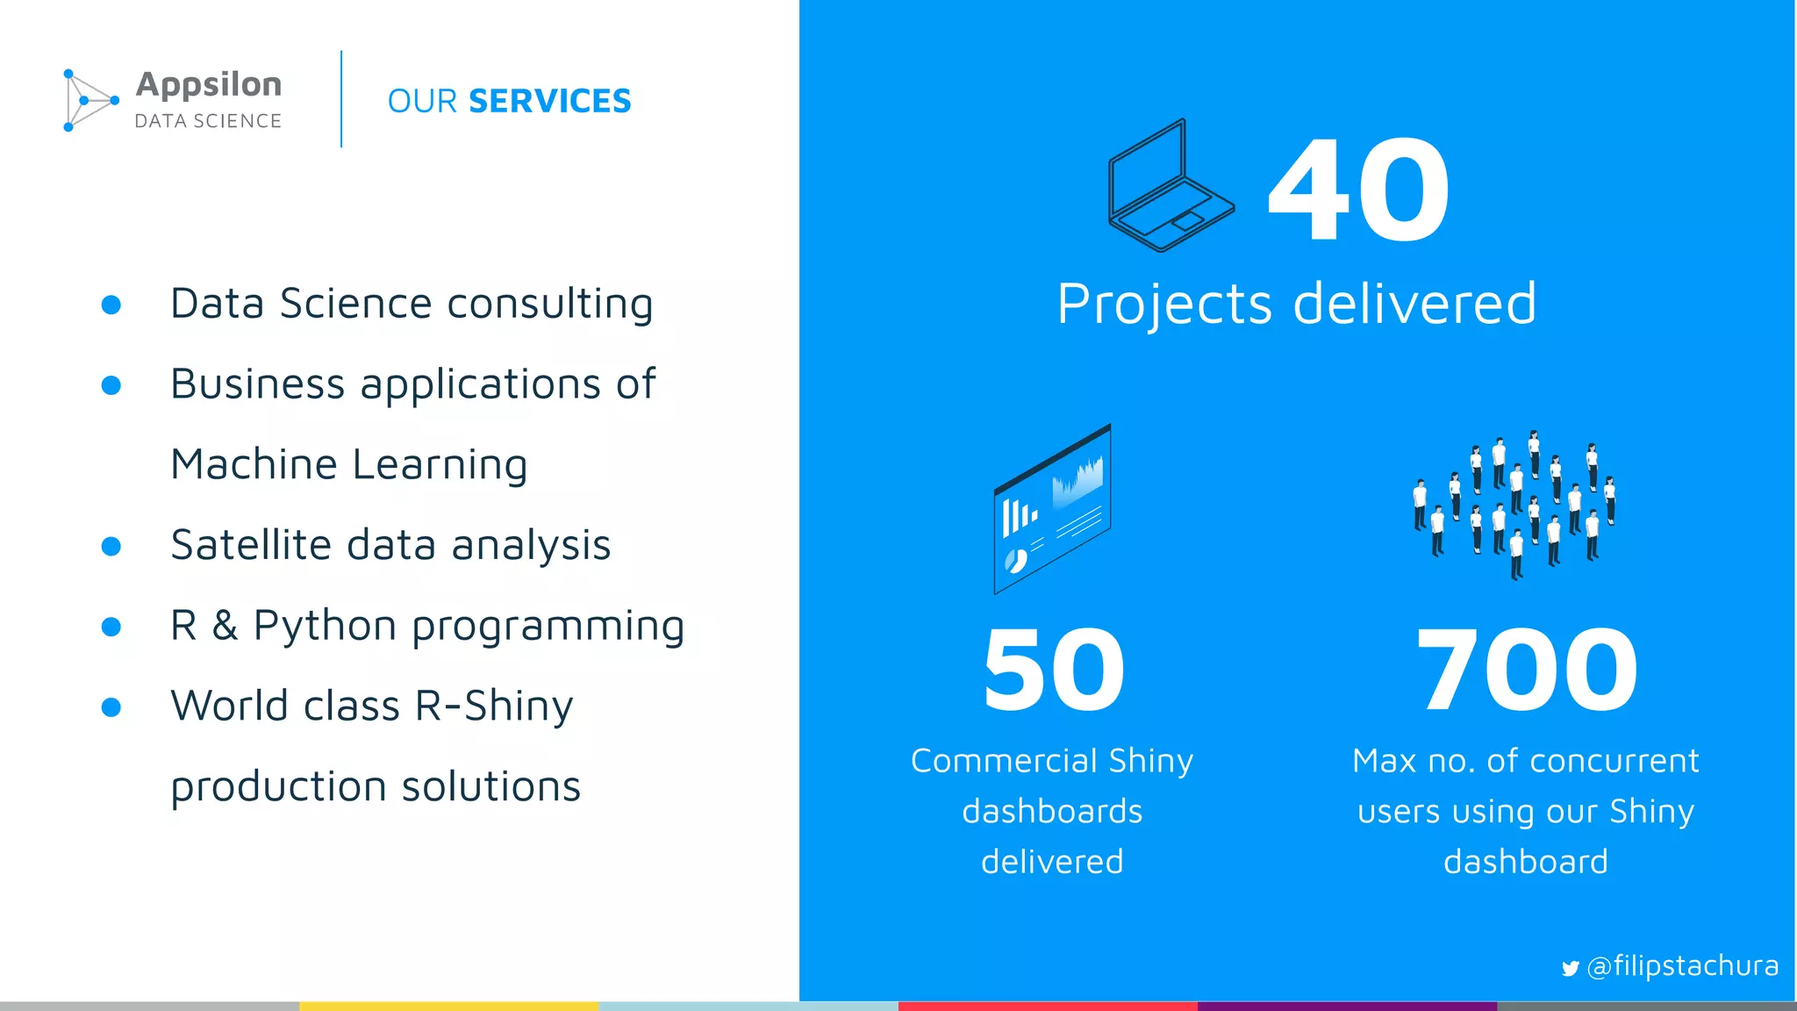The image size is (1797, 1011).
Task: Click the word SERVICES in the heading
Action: [549, 101]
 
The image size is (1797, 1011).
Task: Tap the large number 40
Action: [1358, 190]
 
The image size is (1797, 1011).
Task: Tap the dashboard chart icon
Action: [1052, 509]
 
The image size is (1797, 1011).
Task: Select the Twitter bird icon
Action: [1570, 968]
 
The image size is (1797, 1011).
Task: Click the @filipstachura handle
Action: [1682, 965]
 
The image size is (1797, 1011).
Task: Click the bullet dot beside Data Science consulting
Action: [111, 305]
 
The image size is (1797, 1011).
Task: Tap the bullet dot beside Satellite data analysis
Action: [111, 547]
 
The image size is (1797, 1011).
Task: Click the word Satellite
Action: [251, 545]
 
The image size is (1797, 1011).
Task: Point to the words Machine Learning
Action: [348, 464]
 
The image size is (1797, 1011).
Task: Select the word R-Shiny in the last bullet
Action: [493, 706]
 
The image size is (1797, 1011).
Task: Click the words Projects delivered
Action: [1296, 304]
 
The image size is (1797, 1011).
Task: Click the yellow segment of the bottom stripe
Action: [448, 1006]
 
